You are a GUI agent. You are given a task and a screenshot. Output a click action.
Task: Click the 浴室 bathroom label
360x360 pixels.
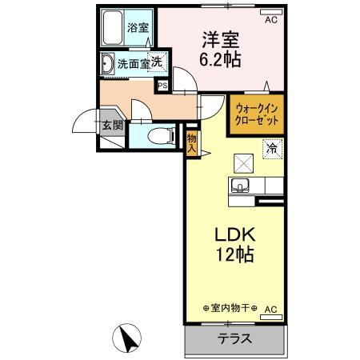tap(138, 28)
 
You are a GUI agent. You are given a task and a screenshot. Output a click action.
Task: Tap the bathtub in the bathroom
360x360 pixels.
tap(114, 27)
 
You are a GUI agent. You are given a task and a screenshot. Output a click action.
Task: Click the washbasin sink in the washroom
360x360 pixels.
tap(107, 63)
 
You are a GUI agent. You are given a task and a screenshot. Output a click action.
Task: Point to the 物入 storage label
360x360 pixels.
tap(192, 141)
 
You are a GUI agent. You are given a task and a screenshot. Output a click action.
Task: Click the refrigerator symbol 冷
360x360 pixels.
tap(272, 148)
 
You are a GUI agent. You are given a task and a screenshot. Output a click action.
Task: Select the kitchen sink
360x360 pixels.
tap(240, 188)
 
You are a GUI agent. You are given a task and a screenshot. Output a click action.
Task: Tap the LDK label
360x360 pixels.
tap(233, 236)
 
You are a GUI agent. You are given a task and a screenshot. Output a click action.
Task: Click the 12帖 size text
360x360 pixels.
tap(233, 258)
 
